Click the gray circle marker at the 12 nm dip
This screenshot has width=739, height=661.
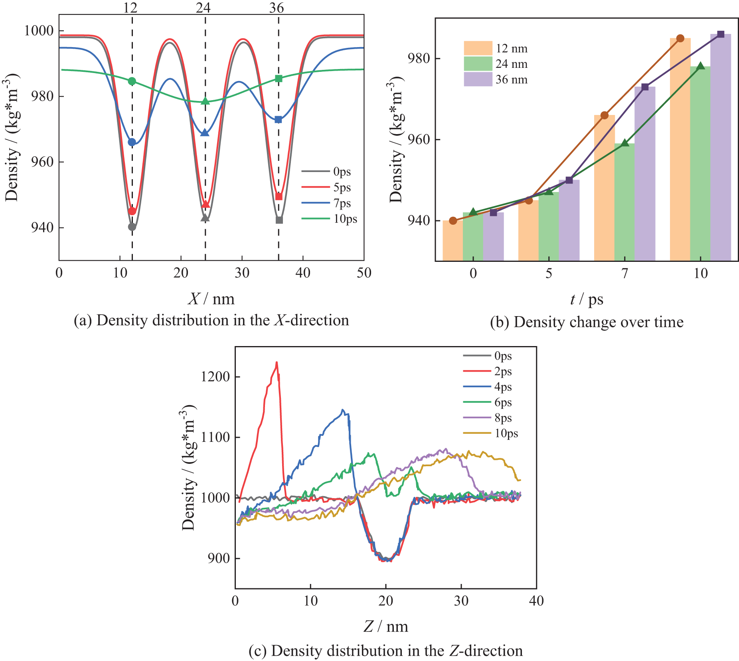tap(132, 227)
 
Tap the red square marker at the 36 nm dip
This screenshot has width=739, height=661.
tap(279, 196)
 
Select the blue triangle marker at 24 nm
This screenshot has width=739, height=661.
tap(205, 133)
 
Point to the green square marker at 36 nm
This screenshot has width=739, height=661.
tap(279, 79)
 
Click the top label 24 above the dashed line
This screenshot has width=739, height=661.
tap(204, 8)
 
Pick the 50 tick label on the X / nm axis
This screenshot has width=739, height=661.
tap(364, 273)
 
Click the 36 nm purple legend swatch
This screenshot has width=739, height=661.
tap(478, 79)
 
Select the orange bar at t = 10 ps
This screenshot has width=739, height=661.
tap(680, 152)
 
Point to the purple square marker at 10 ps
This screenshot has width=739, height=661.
tap(721, 34)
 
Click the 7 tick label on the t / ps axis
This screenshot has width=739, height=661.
tap(624, 273)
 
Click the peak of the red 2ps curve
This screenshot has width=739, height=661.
tap(277, 362)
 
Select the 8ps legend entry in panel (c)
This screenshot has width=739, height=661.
tap(503, 418)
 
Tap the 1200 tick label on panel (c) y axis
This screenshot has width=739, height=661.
tap(215, 376)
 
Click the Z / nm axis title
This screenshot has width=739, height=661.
tap(385, 627)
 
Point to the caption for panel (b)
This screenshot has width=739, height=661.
tap(587, 322)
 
